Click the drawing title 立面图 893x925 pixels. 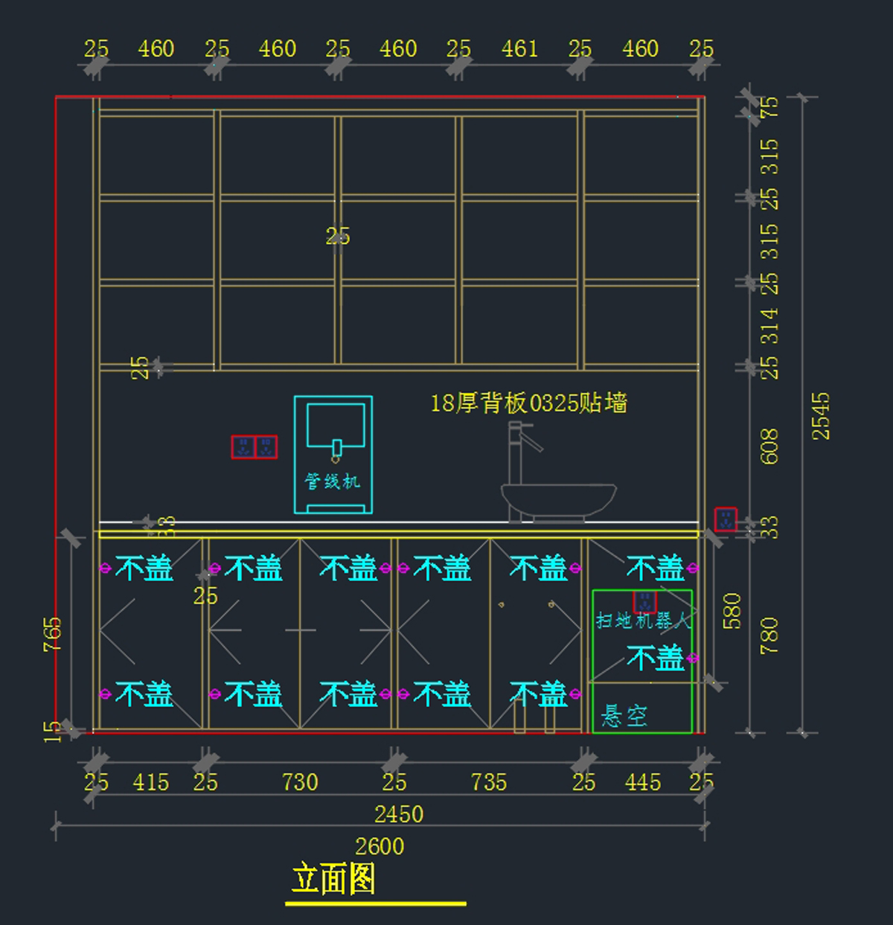(x=333, y=879)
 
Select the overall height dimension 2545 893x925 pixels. (x=821, y=416)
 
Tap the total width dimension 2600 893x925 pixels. (x=380, y=846)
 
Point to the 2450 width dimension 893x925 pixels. (x=399, y=814)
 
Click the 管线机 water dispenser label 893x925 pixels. (x=332, y=481)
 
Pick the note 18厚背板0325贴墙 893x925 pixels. (x=528, y=403)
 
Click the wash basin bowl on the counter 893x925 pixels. (x=558, y=499)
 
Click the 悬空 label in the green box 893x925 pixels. (x=624, y=716)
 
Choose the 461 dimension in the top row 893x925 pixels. (x=519, y=49)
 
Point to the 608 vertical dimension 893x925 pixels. (x=769, y=446)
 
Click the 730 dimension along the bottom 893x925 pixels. (x=300, y=782)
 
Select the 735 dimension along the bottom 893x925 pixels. (x=489, y=782)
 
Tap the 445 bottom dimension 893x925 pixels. (x=643, y=782)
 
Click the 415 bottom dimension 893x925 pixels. (x=151, y=782)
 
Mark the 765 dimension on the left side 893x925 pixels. (x=53, y=634)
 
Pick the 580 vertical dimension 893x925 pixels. (x=732, y=611)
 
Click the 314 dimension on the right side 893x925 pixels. (x=769, y=325)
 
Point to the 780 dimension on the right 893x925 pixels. (x=769, y=636)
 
